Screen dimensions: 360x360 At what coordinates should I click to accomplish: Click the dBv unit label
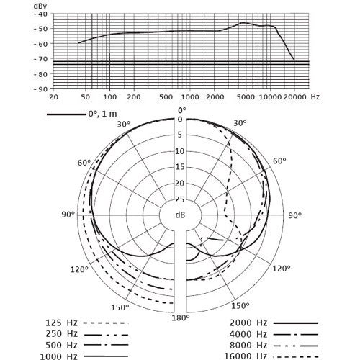point(40,6)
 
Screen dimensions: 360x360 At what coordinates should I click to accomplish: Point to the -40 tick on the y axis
point(40,14)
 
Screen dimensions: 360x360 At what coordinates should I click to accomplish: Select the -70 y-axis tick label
point(40,58)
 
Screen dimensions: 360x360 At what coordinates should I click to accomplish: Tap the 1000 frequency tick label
point(190,97)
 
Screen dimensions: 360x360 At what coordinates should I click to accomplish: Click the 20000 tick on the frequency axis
point(294,97)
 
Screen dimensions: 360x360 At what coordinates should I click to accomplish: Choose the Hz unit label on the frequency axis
point(315,96)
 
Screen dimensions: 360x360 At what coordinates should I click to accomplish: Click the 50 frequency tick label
point(85,97)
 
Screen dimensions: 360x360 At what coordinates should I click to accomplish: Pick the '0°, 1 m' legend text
point(102,114)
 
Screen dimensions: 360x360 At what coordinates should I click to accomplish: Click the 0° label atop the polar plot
point(182,110)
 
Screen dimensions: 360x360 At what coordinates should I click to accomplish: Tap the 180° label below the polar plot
point(181,318)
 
